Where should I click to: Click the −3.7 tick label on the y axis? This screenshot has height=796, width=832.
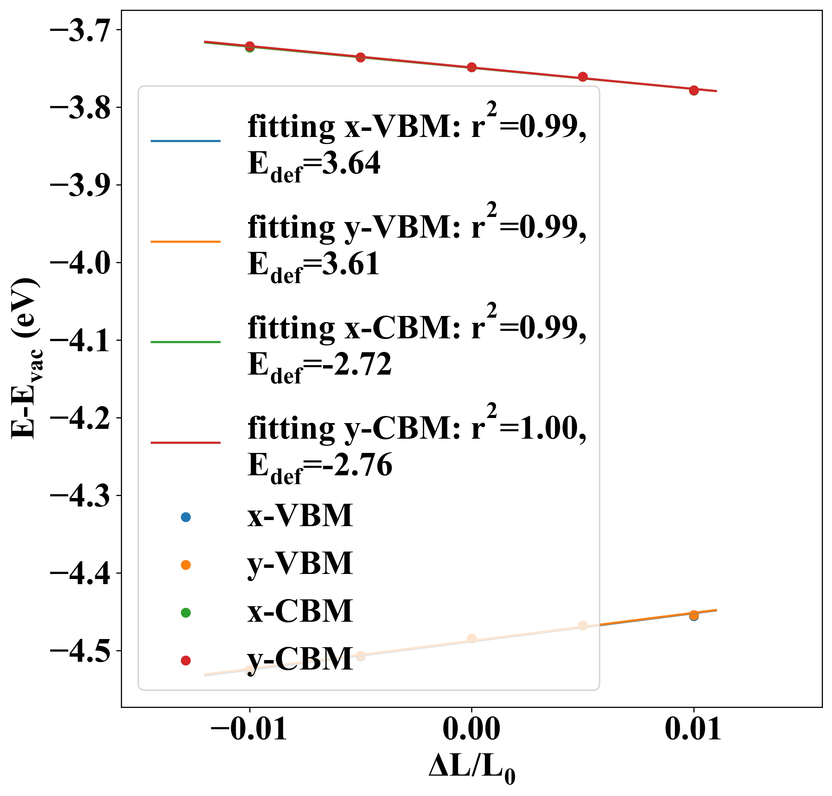click(x=80, y=31)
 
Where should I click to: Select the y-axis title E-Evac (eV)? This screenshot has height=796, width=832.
click(x=25, y=359)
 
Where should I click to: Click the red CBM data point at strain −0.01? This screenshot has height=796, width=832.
click(x=250, y=46)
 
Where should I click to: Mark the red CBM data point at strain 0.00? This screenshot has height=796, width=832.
click(x=472, y=67)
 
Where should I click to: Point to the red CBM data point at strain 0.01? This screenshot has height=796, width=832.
click(x=694, y=90)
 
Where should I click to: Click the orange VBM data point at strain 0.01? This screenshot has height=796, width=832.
click(x=694, y=614)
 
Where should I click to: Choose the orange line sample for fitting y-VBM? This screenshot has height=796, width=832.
click(x=185, y=241)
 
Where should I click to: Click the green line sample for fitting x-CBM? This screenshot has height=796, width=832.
click(x=185, y=342)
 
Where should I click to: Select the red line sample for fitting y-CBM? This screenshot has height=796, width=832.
click(x=185, y=442)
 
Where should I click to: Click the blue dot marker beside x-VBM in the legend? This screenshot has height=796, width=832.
click(x=185, y=517)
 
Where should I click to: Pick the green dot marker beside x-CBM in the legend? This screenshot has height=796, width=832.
click(x=185, y=612)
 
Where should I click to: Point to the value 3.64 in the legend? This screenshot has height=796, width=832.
click(x=351, y=164)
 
